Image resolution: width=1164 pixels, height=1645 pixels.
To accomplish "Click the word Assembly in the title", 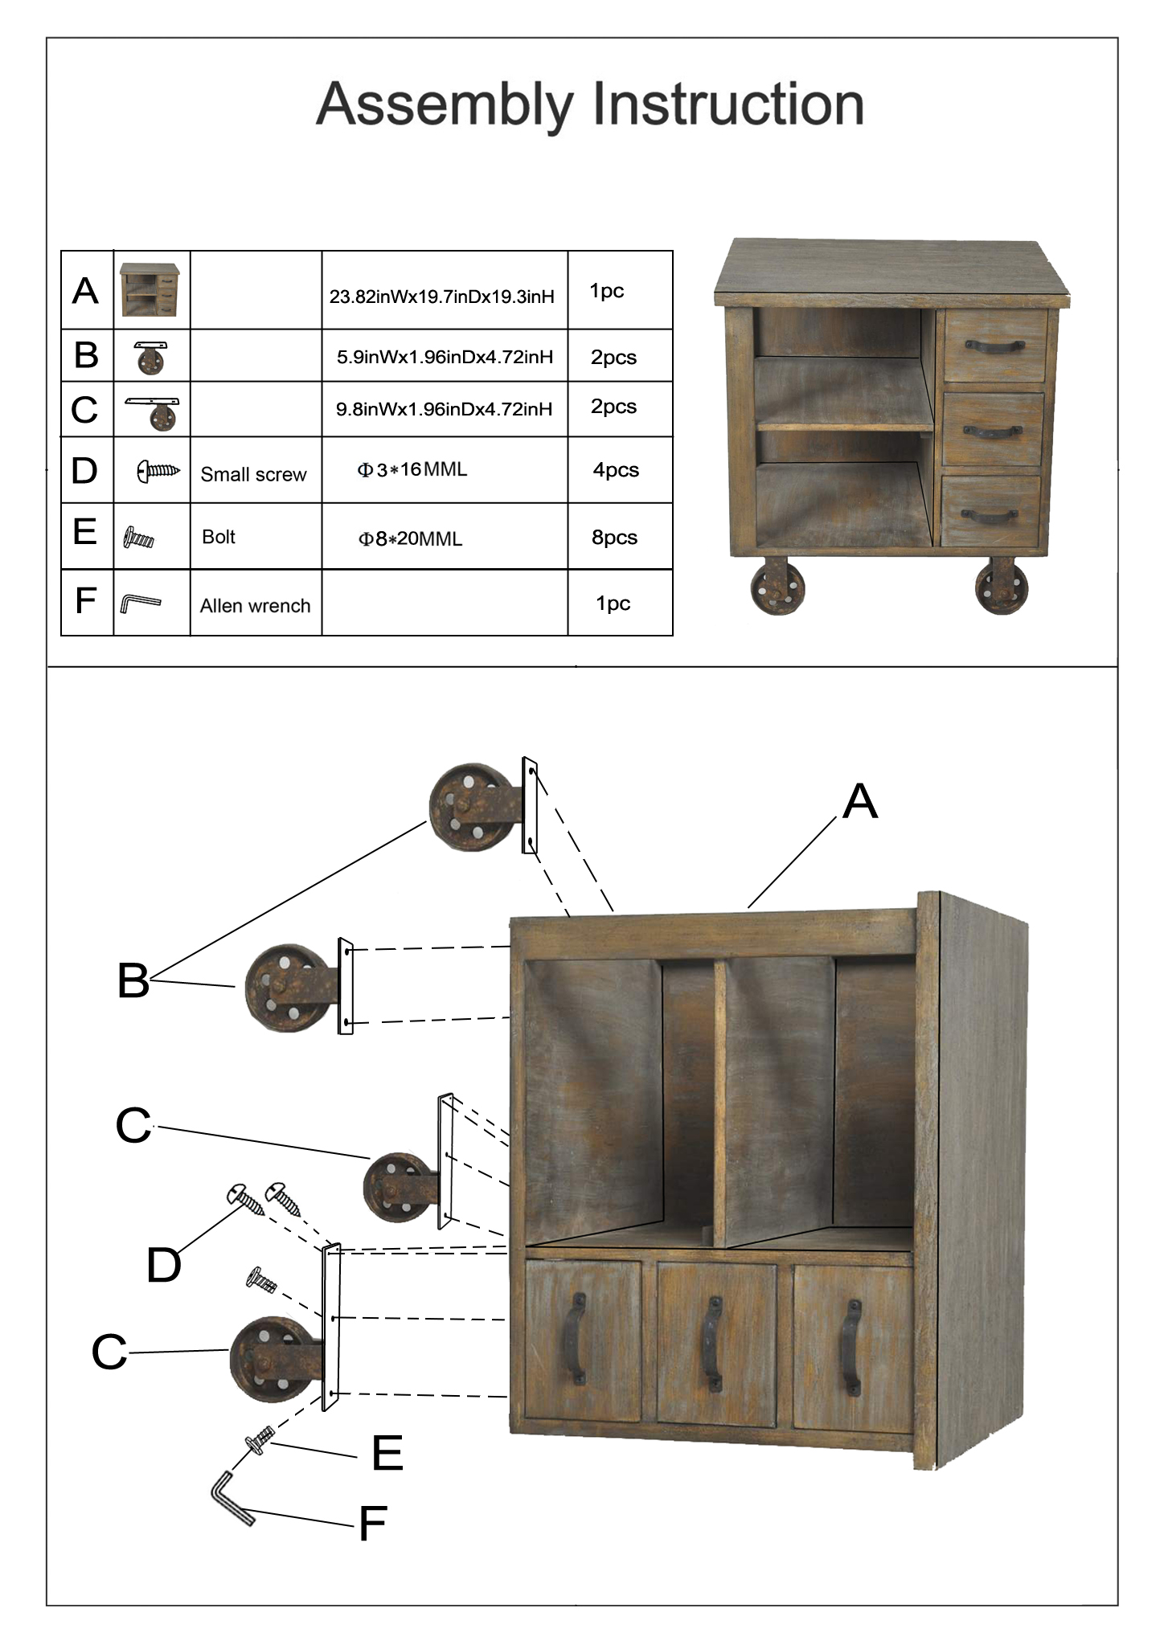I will pos(444,105).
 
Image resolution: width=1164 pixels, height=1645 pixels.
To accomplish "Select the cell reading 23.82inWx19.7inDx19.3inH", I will pos(442,297).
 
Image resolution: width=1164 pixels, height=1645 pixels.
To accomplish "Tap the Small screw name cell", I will pos(253,474).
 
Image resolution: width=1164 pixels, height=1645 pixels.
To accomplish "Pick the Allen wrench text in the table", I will pos(255,606).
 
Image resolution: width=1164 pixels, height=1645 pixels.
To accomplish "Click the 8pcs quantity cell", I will pos(614,538).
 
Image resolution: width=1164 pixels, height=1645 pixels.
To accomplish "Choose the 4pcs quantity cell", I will pos(616,470).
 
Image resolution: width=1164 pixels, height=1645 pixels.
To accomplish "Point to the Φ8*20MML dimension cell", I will pos(410,538).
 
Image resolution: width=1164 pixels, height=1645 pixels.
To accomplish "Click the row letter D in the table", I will pos(84,471).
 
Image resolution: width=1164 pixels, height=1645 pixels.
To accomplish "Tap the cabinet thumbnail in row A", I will pos(150,290).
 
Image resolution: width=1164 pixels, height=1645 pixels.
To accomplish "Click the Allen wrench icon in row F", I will pos(141,603).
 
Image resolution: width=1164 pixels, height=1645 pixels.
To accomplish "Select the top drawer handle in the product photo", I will pos(994,346).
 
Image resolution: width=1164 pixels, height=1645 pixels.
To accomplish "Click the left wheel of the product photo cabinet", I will pos(777,587).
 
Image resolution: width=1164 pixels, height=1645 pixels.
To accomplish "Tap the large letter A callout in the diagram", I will pos(860,802).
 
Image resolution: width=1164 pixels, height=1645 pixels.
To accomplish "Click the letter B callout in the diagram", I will pos(133,980).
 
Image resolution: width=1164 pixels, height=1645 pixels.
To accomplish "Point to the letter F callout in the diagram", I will pos(373,1523).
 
